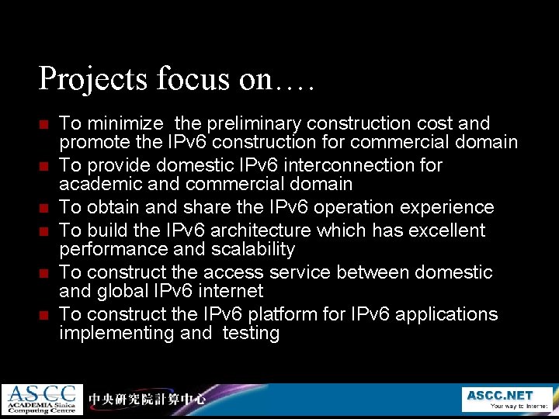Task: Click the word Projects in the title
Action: [85, 78]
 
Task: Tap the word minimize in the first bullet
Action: [125, 123]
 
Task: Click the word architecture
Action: [255, 230]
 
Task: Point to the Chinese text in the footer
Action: [147, 400]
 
